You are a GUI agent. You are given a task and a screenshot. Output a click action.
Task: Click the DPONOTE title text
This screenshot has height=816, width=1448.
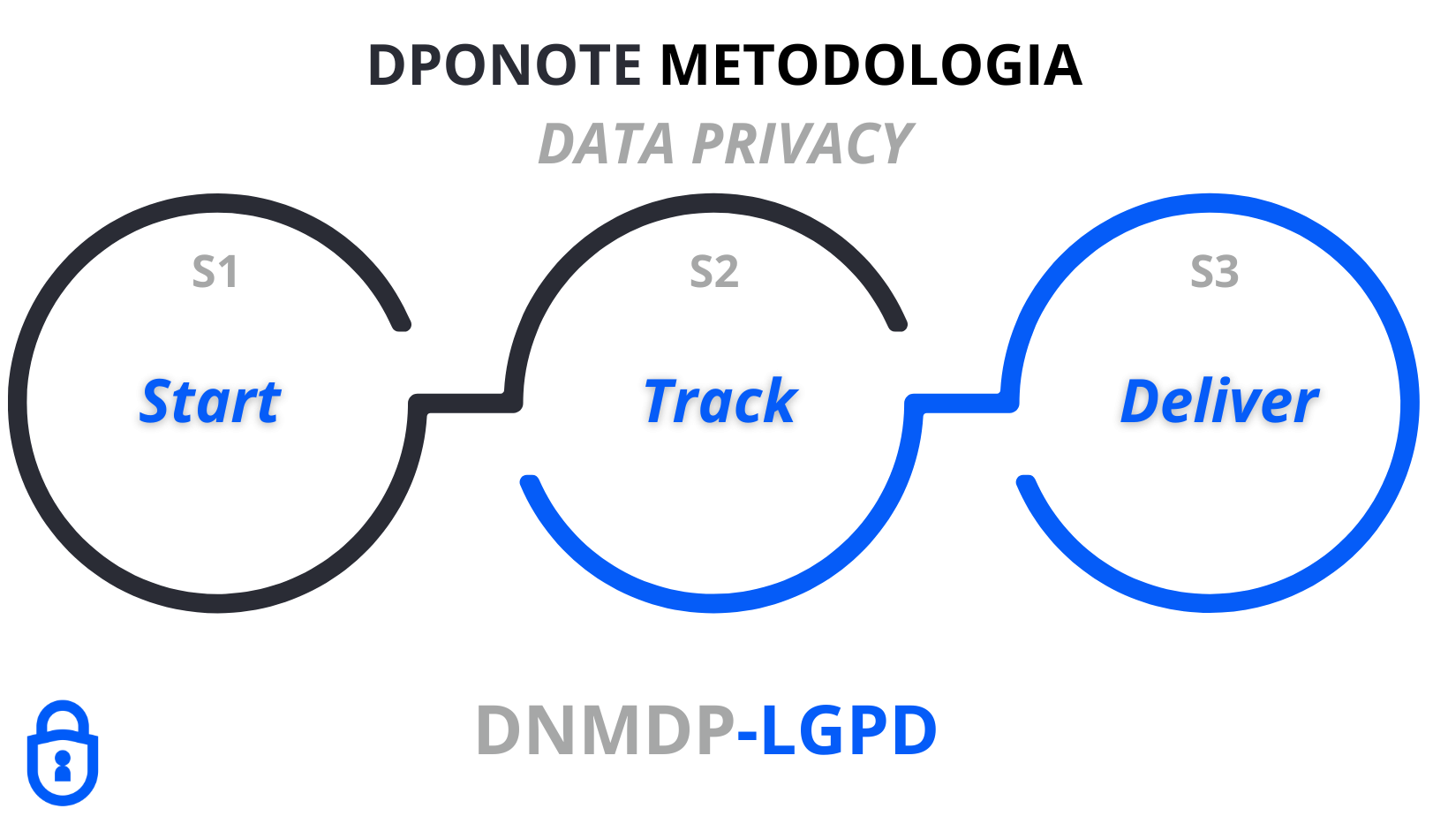[504, 65]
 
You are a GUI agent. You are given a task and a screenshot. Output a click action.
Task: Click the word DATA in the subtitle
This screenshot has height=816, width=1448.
[606, 144]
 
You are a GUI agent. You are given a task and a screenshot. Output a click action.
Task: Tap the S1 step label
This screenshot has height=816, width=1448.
[215, 272]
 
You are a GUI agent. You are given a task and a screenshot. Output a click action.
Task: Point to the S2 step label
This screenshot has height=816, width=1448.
[713, 272]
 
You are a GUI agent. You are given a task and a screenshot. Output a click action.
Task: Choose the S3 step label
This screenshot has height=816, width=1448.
[1214, 272]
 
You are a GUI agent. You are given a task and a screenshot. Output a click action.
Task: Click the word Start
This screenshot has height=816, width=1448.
[210, 402]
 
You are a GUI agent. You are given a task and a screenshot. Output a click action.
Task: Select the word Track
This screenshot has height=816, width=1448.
[720, 402]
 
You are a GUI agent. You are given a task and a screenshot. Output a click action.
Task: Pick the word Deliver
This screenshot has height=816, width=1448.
[1218, 402]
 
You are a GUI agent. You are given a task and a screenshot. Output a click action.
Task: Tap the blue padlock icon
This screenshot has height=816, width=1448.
[62, 754]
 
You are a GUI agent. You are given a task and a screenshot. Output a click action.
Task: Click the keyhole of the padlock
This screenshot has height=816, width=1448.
[62, 763]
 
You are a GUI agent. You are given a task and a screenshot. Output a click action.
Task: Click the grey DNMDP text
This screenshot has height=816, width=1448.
[605, 730]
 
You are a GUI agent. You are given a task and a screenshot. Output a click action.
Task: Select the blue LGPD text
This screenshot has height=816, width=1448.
[848, 730]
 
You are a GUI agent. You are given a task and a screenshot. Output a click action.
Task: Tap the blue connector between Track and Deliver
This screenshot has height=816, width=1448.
[962, 404]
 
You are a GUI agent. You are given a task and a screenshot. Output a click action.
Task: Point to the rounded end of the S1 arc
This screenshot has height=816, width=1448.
[402, 323]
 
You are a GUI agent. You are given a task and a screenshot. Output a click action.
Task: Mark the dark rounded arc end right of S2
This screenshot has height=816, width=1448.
[898, 323]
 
